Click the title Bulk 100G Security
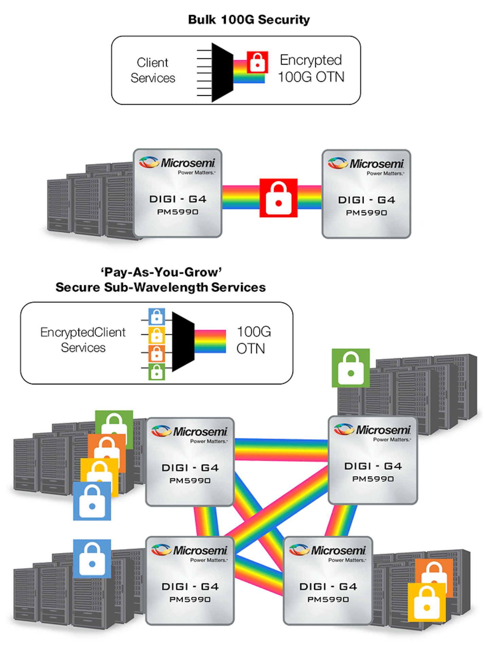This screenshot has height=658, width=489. pos(249,20)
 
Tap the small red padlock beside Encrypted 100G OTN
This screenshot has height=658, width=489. pos(257,62)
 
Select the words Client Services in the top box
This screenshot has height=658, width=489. pos(153,70)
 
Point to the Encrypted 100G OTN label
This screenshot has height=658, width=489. pos(311,68)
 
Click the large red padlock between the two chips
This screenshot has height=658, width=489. pos(278,198)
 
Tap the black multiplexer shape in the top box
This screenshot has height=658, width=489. pos(222,72)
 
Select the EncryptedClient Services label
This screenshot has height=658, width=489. pos(83,340)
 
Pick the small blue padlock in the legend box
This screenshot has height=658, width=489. pos(157,317)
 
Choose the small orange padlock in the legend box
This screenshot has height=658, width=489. pos(157,353)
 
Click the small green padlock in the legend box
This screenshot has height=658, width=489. pos(157,371)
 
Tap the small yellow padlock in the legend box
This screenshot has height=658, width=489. pos(157,335)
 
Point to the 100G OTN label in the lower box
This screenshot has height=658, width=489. pos(253,340)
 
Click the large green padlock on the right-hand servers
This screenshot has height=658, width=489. pos(350,368)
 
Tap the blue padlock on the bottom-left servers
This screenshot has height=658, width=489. pos(92,558)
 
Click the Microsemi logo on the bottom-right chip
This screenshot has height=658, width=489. pos(328,550)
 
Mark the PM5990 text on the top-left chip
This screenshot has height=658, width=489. pos(178,212)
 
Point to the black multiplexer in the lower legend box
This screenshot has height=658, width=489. pos(183,342)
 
